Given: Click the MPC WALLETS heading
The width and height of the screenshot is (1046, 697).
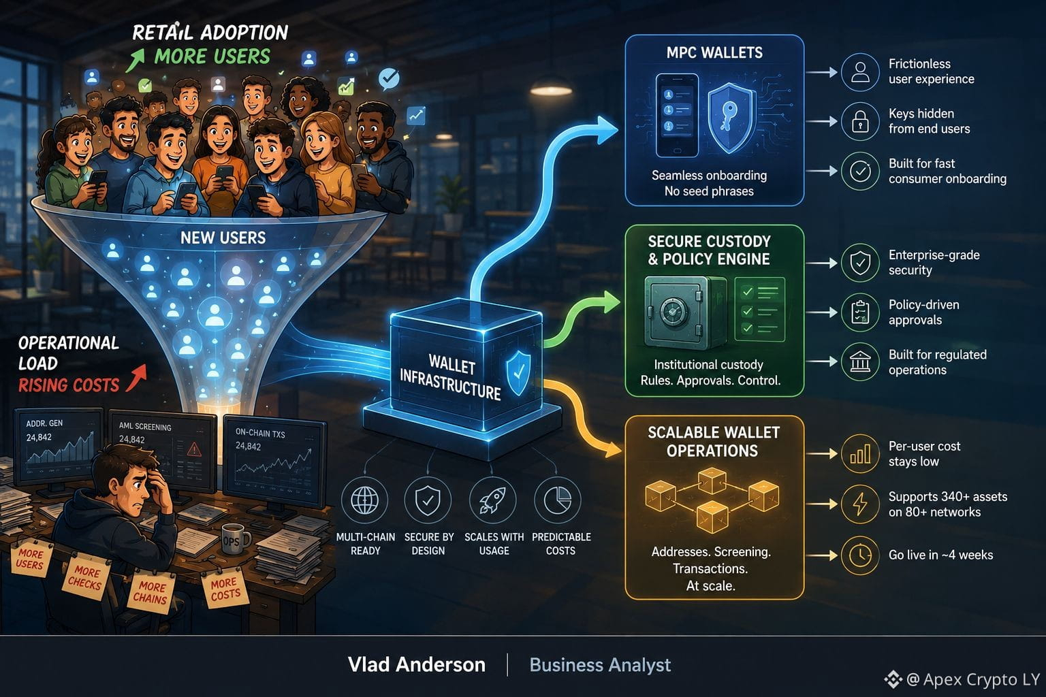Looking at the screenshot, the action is click(714, 52).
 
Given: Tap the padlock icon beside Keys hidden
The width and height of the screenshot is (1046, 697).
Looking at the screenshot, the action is click(859, 122).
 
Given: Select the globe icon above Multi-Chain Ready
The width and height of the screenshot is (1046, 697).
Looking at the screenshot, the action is click(364, 500).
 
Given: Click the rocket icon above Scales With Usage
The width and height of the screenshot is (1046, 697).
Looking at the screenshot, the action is click(492, 500).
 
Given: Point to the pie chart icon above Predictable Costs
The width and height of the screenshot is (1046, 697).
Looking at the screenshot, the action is click(558, 500).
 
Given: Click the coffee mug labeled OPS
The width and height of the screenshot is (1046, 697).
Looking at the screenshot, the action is click(234, 539).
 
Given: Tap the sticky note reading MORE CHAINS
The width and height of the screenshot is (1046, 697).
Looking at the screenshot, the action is click(150, 592).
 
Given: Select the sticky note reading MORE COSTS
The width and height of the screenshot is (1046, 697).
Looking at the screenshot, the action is click(225, 589).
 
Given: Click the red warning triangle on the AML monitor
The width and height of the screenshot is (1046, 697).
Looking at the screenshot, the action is click(194, 449).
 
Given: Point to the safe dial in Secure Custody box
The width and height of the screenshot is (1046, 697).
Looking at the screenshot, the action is click(673, 312).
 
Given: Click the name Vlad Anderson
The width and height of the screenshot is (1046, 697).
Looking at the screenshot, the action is click(417, 664).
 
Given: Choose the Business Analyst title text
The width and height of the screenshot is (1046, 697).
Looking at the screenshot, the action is click(600, 665).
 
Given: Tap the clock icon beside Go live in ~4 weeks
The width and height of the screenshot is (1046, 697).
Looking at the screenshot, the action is click(859, 555).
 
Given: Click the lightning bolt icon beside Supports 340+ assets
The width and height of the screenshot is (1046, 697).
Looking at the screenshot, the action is click(860, 504).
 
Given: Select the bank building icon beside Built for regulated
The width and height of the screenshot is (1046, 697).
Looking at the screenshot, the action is click(859, 362).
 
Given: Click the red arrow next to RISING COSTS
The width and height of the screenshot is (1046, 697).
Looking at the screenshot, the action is click(136, 378).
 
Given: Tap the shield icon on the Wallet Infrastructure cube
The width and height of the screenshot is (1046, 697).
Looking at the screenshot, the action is click(519, 373).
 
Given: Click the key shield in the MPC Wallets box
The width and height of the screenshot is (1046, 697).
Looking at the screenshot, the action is click(729, 118).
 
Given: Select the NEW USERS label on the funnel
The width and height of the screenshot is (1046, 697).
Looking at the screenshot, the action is click(223, 238).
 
